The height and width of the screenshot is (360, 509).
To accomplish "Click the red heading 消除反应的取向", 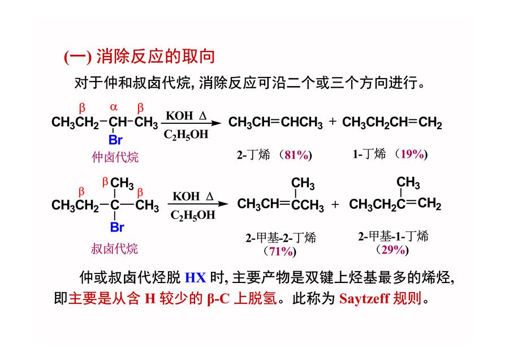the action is (x=156, y=57).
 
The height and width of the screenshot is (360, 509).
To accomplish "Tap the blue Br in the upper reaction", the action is (x=115, y=140).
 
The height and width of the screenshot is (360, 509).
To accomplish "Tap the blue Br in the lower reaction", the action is (x=117, y=227).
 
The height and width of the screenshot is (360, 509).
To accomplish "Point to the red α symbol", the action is (x=114, y=107).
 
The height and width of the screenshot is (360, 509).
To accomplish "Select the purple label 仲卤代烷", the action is (x=115, y=157).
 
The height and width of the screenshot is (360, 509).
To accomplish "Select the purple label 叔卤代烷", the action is (x=114, y=249).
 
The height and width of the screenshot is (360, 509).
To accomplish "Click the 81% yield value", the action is (x=296, y=155).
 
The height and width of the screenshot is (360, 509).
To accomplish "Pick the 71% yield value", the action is (x=281, y=251).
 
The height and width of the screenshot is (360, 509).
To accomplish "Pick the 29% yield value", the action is (x=393, y=250).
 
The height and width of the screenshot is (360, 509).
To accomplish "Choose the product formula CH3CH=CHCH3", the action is (x=275, y=123).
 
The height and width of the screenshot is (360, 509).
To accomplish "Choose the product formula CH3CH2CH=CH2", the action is (x=392, y=123).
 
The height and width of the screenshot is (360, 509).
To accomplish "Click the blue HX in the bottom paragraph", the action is (x=196, y=278).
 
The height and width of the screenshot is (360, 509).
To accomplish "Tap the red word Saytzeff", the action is (x=364, y=298).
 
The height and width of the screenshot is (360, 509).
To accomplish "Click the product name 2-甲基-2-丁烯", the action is (x=281, y=238).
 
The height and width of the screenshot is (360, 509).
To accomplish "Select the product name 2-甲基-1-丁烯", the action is (x=393, y=236).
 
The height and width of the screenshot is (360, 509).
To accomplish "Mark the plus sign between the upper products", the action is (x=333, y=122).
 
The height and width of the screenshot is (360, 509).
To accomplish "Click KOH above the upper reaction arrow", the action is (x=179, y=115).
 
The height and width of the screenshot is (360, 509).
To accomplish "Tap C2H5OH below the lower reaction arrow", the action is (x=193, y=215).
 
